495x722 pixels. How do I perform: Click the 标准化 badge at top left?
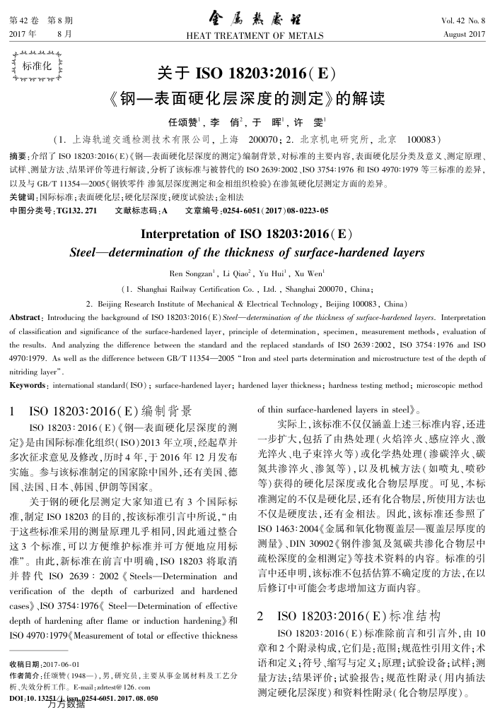click(x=37, y=67)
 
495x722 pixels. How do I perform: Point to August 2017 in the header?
click(x=464, y=34)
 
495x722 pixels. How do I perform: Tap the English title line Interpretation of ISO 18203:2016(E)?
click(x=247, y=235)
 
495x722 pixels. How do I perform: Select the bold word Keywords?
click(x=27, y=385)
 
